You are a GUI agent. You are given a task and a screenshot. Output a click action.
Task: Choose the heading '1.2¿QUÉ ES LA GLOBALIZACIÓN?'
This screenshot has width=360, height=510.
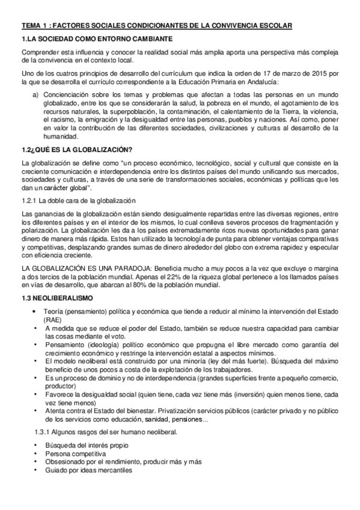[x=77, y=149]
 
